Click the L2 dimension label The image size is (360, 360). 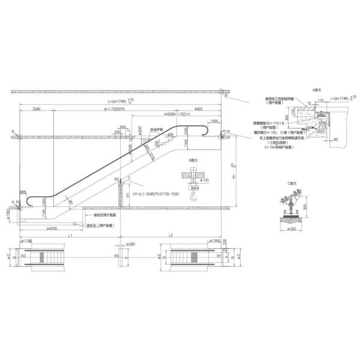click(171, 235)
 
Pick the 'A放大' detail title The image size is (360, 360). click(317, 89)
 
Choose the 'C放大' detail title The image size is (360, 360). click(292, 182)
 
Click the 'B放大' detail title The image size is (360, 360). click(193, 160)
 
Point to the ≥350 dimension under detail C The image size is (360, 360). click(292, 229)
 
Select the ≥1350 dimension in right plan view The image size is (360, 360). click(214, 241)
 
